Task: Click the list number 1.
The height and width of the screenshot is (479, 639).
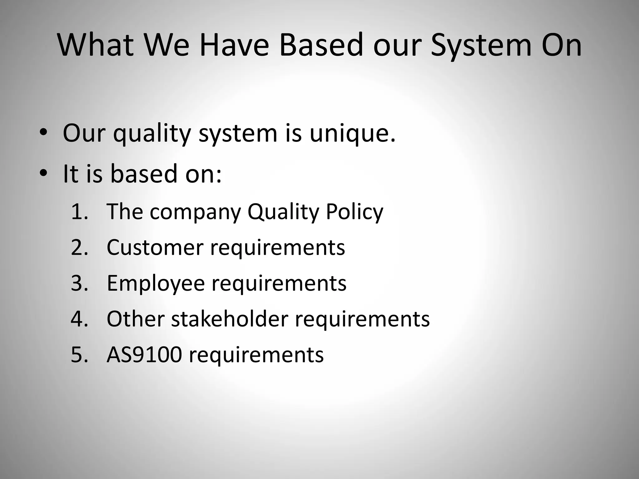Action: [79, 212]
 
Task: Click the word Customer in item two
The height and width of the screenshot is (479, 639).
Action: [155, 247]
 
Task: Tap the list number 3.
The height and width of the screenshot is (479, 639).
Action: [79, 283]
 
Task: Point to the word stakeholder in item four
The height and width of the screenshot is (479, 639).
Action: [230, 319]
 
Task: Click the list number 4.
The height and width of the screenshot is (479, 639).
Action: [79, 319]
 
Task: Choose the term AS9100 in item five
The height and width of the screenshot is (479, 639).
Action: [144, 355]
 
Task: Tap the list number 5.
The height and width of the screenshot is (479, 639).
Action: [79, 355]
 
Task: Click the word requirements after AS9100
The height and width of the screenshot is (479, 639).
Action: [256, 355]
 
